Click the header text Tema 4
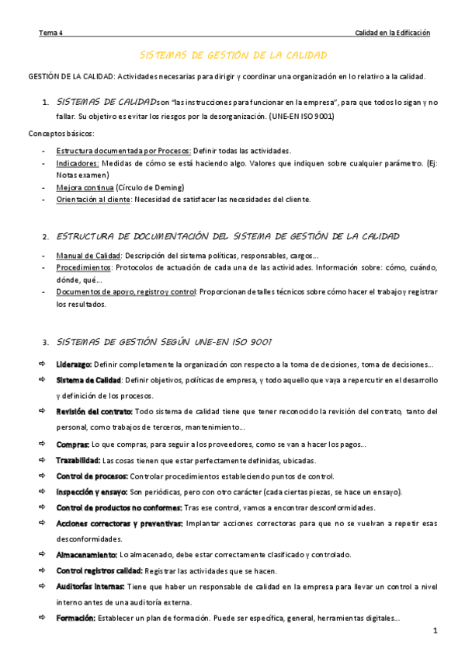tap(51, 33)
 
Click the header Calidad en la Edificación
tap(392, 33)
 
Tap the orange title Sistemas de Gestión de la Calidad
tap(233, 56)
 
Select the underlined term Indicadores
tap(78, 163)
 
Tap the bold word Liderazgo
tap(74, 364)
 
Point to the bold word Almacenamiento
tap(86, 554)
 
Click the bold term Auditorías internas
tap(89, 586)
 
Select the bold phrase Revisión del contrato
tap(94, 411)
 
